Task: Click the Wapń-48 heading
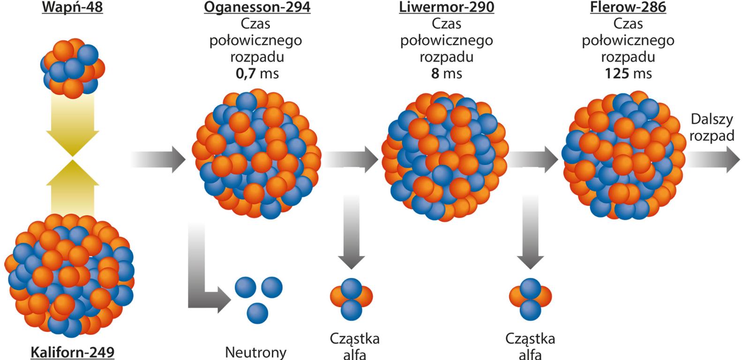72,7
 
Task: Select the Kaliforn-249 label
72,352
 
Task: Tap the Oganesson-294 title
257,7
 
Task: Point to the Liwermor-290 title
446,7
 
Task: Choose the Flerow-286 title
628,7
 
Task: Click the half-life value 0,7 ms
257,74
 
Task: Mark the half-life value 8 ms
446,74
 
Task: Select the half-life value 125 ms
628,74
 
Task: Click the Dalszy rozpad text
711,127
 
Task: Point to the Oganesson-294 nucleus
257,155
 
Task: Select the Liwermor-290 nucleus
445,157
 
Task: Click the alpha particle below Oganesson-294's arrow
352,298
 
